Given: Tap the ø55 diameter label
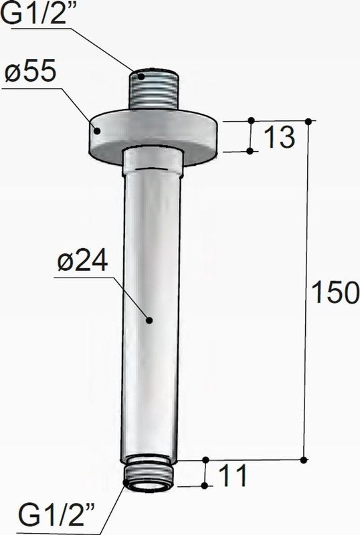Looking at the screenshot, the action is click(30, 72).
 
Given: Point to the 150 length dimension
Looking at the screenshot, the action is click(335, 292).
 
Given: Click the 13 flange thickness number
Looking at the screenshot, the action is click(279, 137).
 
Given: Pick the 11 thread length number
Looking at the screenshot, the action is click(234, 475).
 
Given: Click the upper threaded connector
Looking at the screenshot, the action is click(155, 90).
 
